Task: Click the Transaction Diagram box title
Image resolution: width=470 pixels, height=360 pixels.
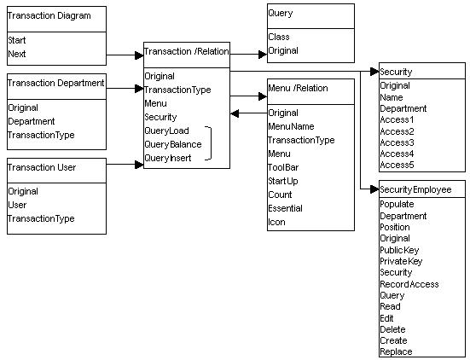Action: [x=49, y=15]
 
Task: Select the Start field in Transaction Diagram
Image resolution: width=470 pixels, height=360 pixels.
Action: [x=17, y=40]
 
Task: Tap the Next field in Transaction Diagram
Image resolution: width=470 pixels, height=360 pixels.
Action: [x=17, y=54]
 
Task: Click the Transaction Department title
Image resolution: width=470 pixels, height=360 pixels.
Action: [x=55, y=83]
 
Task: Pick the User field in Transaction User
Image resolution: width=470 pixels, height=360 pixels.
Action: [x=17, y=205]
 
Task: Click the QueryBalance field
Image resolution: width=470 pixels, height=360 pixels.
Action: [x=173, y=144]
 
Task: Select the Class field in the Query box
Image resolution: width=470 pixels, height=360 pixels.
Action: [x=279, y=37]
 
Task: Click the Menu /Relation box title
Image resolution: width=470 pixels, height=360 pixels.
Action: [x=298, y=88]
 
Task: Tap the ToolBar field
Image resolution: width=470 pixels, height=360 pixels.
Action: [x=283, y=167]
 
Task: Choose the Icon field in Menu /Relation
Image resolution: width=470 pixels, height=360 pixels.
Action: [x=276, y=222]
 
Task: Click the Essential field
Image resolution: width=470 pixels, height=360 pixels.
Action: [x=285, y=208]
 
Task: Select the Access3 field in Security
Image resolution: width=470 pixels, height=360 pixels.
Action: [x=397, y=142]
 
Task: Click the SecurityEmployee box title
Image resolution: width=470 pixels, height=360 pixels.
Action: [x=415, y=189]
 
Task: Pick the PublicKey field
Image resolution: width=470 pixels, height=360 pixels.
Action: [x=399, y=250]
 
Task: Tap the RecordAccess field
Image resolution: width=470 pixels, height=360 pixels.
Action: [x=409, y=284]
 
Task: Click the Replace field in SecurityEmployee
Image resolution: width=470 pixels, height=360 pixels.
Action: [x=396, y=351]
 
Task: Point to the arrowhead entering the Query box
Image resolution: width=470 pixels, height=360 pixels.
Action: [x=263, y=55]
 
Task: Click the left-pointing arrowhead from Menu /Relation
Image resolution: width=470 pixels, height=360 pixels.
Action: [x=235, y=113]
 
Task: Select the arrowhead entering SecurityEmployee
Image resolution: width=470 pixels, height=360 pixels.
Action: [x=374, y=189]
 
